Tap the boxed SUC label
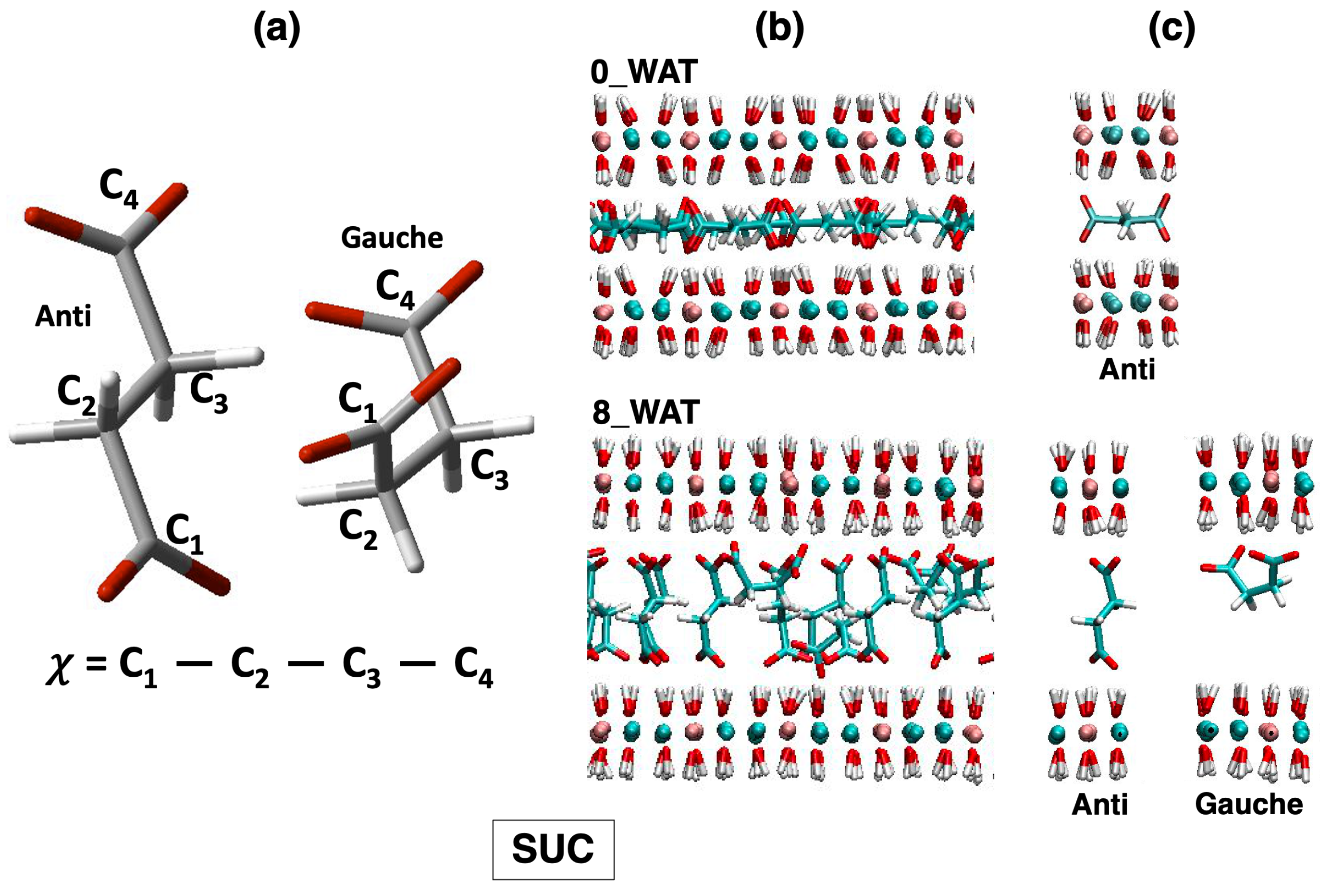553,850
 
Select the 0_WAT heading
644,72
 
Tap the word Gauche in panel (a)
392,237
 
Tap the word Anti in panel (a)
63,316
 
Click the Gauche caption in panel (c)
1248,804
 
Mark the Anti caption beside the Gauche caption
1099,805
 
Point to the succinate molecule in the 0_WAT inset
1126,219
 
